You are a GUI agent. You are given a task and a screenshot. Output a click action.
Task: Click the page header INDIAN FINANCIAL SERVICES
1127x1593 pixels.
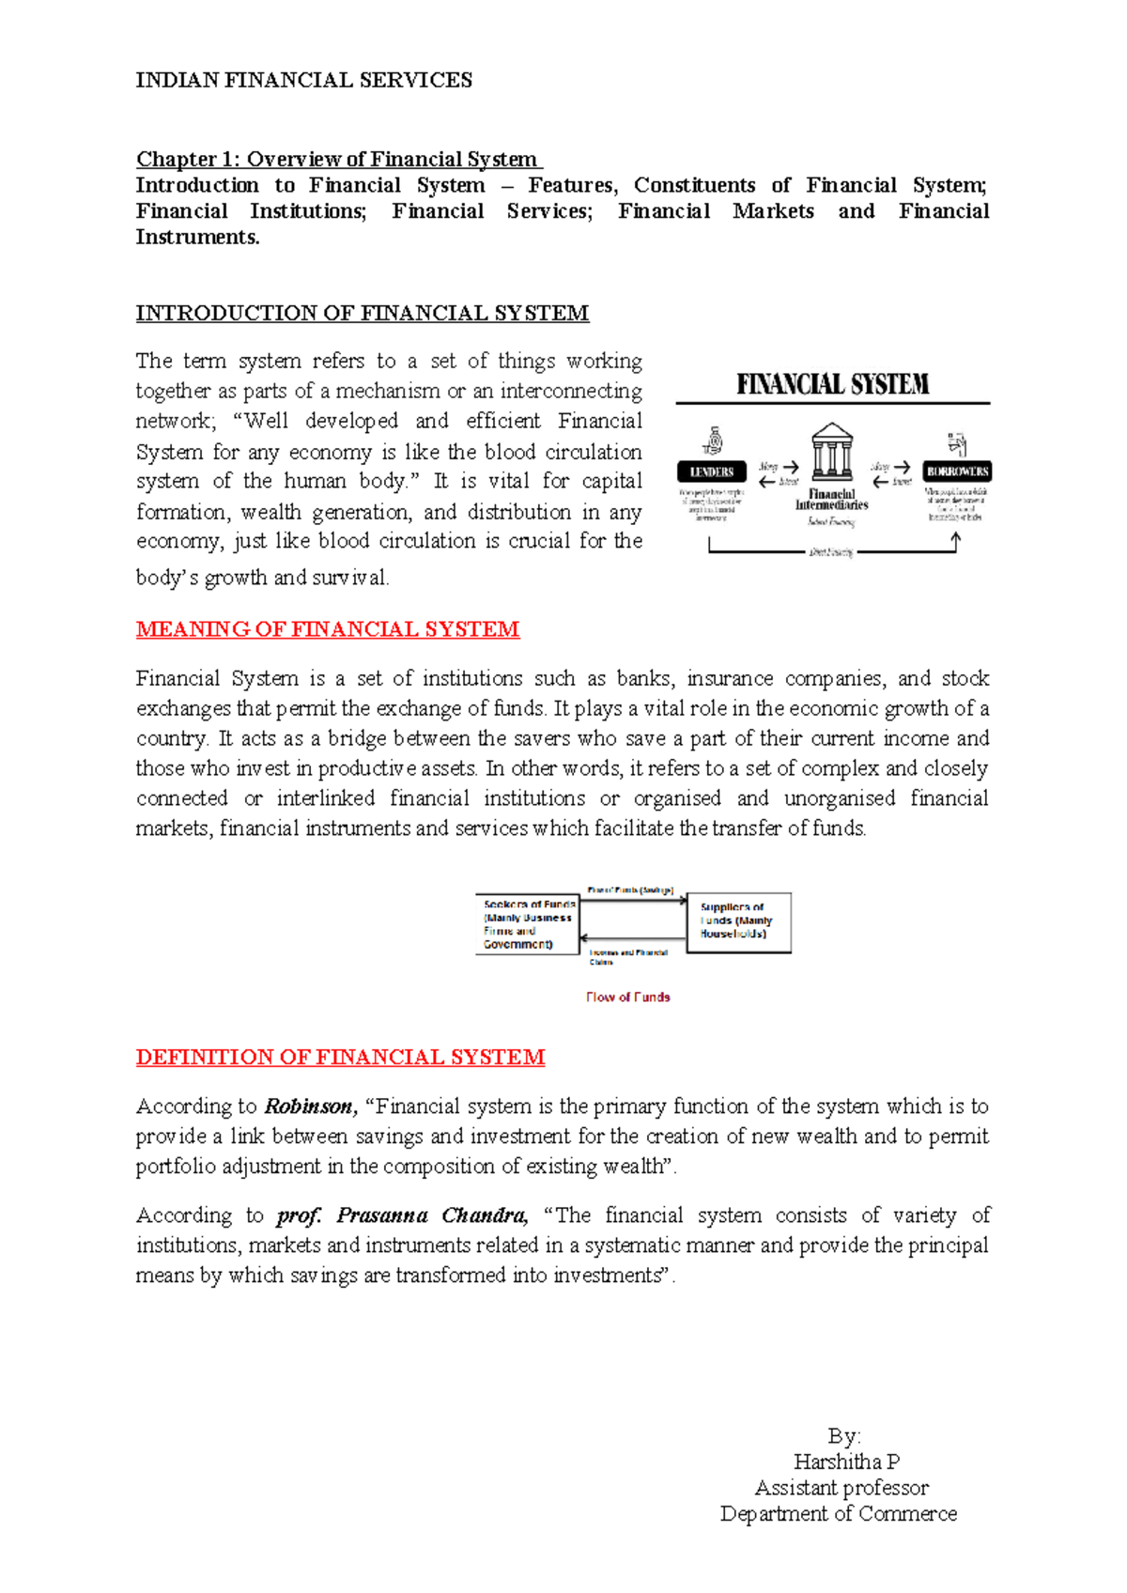click(x=303, y=81)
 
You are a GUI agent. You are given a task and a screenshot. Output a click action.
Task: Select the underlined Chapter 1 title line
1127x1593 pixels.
click(x=338, y=160)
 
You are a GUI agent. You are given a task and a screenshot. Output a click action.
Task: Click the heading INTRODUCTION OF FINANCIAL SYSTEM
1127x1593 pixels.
click(x=362, y=314)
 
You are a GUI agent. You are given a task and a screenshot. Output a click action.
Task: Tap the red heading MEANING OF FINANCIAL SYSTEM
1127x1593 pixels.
click(x=327, y=629)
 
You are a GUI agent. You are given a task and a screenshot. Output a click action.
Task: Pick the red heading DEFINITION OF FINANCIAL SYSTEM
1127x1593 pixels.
click(x=340, y=1058)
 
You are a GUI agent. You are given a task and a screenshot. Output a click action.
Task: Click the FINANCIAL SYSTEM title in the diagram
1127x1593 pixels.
click(x=832, y=384)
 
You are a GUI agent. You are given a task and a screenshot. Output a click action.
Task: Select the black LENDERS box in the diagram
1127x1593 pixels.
click(x=711, y=472)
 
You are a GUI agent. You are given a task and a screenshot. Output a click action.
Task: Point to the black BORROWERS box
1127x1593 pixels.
click(x=957, y=472)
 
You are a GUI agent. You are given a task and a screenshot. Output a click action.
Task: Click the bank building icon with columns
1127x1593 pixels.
click(x=832, y=452)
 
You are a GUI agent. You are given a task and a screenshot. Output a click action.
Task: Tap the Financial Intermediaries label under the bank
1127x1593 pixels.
click(x=832, y=499)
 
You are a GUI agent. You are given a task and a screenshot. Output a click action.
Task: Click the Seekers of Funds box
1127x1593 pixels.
click(x=527, y=924)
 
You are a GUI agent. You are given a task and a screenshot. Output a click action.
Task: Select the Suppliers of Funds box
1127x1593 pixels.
click(x=738, y=921)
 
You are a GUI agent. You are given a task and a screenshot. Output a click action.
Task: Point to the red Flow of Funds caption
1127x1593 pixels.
click(x=627, y=998)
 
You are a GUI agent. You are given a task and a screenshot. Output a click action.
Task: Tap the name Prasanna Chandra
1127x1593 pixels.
click(x=431, y=1215)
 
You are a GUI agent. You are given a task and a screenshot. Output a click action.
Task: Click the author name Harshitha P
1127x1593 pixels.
click(x=846, y=1462)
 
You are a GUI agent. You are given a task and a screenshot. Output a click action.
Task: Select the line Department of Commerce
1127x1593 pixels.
click(x=838, y=1514)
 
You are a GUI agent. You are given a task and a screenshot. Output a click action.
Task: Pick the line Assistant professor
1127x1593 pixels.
click(x=841, y=1488)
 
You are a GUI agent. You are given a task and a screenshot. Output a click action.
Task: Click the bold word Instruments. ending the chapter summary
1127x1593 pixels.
click(x=197, y=238)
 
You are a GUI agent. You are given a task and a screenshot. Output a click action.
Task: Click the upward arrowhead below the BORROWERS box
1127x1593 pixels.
click(x=956, y=538)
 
